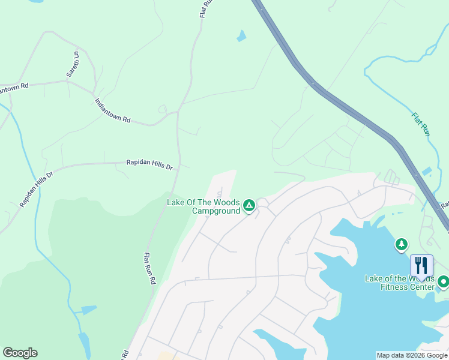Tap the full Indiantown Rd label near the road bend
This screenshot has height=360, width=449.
point(112,111)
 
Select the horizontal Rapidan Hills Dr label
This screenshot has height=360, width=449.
point(149,163)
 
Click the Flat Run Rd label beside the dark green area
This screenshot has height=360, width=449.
point(149,268)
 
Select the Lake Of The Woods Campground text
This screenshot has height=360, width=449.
point(203,206)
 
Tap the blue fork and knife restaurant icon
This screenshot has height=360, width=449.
point(421,265)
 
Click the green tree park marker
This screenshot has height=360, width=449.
point(401,244)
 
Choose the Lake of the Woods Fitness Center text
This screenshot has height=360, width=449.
point(399,283)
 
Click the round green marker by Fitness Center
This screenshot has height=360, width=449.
point(444,281)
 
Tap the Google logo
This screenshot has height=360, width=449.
point(20,353)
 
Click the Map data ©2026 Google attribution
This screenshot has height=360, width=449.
point(411,355)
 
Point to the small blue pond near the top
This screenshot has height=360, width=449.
point(241,36)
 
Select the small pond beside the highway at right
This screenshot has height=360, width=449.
point(426,172)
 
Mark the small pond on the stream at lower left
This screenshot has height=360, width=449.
point(88,310)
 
